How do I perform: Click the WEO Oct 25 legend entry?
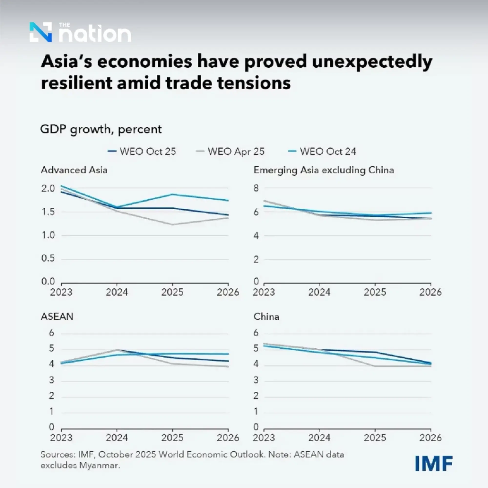142,152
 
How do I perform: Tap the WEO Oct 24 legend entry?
322,152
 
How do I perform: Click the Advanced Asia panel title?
74,170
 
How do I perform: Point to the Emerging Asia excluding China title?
324,170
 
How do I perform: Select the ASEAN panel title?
57,316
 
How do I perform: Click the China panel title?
266,316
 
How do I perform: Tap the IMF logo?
434,464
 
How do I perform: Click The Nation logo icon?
41,32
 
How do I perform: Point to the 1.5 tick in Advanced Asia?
48,212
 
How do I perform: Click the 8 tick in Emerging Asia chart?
256,188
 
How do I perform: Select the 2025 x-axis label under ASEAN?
172,437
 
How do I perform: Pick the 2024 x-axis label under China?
319,437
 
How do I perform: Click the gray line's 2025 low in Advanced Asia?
173,224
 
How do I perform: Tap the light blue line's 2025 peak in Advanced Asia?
173,194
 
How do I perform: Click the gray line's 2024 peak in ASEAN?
117,350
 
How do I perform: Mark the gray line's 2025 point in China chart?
375,366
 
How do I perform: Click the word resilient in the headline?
77,83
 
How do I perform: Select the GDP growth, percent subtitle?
101,129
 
